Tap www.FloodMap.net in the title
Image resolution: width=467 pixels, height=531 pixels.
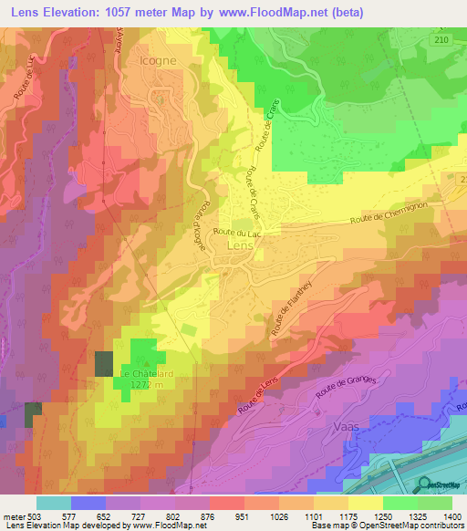300,13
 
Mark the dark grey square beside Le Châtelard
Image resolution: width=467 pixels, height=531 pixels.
103,363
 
